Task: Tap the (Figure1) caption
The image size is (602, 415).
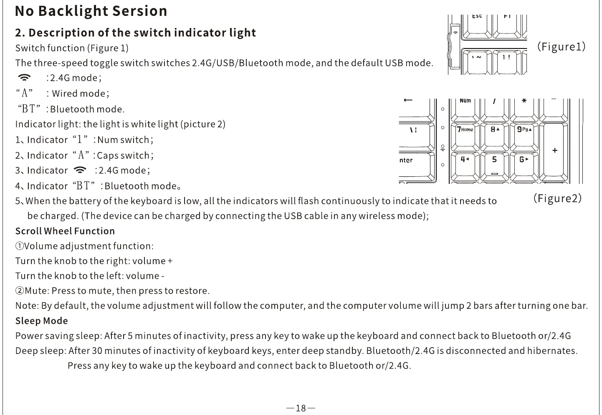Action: tap(561, 46)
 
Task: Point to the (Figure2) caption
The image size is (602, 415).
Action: tap(557, 198)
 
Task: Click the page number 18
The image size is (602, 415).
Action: tap(301, 408)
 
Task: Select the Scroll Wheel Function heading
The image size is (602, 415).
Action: tap(65, 231)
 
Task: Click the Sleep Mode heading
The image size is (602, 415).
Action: tap(41, 321)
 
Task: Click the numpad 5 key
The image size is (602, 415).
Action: tap(494, 165)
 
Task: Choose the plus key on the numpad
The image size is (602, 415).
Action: tap(554, 150)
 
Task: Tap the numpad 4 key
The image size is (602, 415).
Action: tap(465, 165)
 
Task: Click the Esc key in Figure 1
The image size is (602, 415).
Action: tap(477, 23)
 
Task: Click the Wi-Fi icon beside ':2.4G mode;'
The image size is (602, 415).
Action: tap(25, 78)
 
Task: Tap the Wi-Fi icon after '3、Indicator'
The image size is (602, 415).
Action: tap(80, 170)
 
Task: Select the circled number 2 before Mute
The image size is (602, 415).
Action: tap(20, 291)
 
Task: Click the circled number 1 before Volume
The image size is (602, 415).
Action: tap(20, 246)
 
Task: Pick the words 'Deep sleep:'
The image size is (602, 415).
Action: tap(40, 351)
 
